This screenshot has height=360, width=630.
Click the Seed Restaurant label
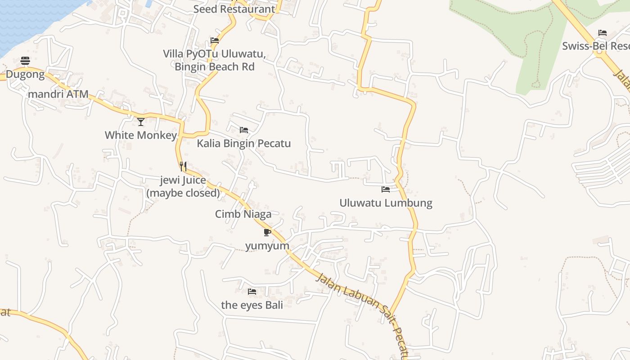pos(234,9)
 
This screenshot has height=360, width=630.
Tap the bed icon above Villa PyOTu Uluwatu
pos(215,40)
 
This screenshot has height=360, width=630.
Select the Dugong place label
pos(25,74)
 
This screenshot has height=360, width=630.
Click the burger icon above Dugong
pos(25,61)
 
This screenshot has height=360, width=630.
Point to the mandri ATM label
pos(58,94)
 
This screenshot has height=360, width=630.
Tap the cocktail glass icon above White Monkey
pos(141,121)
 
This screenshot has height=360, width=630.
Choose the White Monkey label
pos(141,135)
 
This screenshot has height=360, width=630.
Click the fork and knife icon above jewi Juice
pos(183,166)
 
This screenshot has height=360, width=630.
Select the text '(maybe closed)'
pos(183,193)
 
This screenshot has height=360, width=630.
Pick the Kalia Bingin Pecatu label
pos(244,144)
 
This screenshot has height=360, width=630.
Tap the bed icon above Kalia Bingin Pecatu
pos(244,130)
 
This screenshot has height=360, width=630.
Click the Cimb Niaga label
pos(243,214)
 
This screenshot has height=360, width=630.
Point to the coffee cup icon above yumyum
pos(267,232)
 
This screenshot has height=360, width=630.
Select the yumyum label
pos(267,246)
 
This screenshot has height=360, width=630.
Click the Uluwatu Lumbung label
pos(386,203)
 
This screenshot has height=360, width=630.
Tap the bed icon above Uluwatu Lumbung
pos(386,189)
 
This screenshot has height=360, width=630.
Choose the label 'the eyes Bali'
pos(252,305)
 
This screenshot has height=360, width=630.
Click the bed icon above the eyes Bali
pos(252,292)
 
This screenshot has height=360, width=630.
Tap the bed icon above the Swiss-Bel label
pos(603,33)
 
